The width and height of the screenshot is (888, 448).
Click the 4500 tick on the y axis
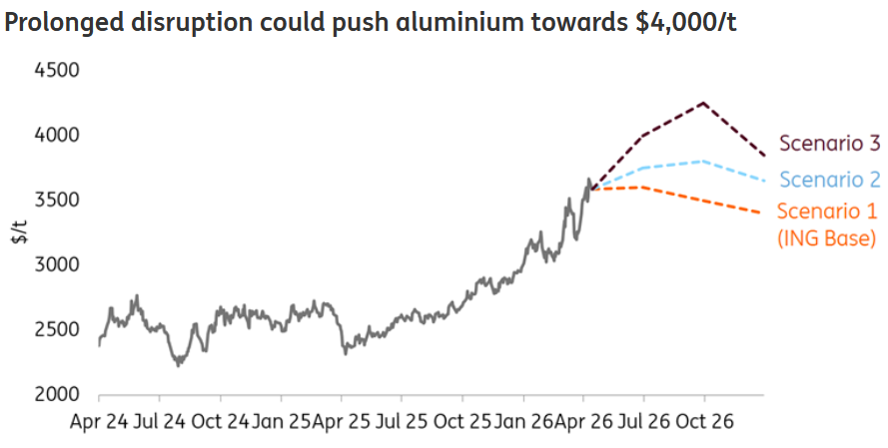coord(57,71)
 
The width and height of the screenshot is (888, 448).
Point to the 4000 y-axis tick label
coord(57,135)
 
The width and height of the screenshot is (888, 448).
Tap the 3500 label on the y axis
coord(57,200)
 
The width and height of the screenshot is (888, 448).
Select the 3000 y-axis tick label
coord(57,264)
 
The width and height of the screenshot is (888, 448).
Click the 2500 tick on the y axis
coord(57,329)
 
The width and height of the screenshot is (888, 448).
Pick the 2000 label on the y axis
coord(57,394)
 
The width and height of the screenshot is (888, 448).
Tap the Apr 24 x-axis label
coord(100,422)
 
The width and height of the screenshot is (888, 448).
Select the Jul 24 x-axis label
coord(161,422)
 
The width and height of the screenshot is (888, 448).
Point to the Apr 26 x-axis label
coord(584,422)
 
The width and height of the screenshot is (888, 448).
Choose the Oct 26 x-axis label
coord(705,422)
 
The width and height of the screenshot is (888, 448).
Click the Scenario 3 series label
coord(829,143)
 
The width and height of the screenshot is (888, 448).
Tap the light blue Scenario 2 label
coord(829,180)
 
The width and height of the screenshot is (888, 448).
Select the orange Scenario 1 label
coord(826,212)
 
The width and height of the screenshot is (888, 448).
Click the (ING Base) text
coord(826,238)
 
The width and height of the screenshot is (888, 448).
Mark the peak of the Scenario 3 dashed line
coord(704,103)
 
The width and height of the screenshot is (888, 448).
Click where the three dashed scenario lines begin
coord(591,188)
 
